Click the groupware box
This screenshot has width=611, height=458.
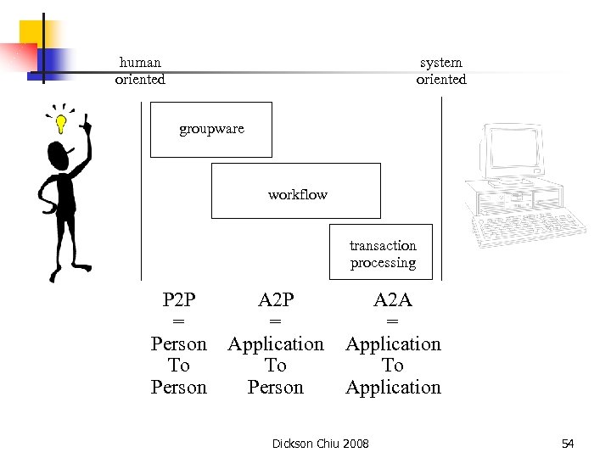[211, 130]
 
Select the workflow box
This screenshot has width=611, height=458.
[296, 191]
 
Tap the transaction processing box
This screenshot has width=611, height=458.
[381, 252]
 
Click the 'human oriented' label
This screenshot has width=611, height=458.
[140, 70]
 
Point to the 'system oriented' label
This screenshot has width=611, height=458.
[440, 70]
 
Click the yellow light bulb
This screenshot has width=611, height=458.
[61, 124]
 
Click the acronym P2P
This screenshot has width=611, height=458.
[178, 299]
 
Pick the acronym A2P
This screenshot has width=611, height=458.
[275, 299]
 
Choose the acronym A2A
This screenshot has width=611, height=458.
[393, 299]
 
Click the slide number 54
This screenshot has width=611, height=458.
[568, 444]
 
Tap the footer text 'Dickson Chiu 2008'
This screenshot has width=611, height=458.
[320, 444]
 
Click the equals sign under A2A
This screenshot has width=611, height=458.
[393, 321]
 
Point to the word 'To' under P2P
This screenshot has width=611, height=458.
[178, 366]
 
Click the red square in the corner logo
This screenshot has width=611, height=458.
[19, 58]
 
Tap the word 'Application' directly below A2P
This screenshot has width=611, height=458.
[275, 343]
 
